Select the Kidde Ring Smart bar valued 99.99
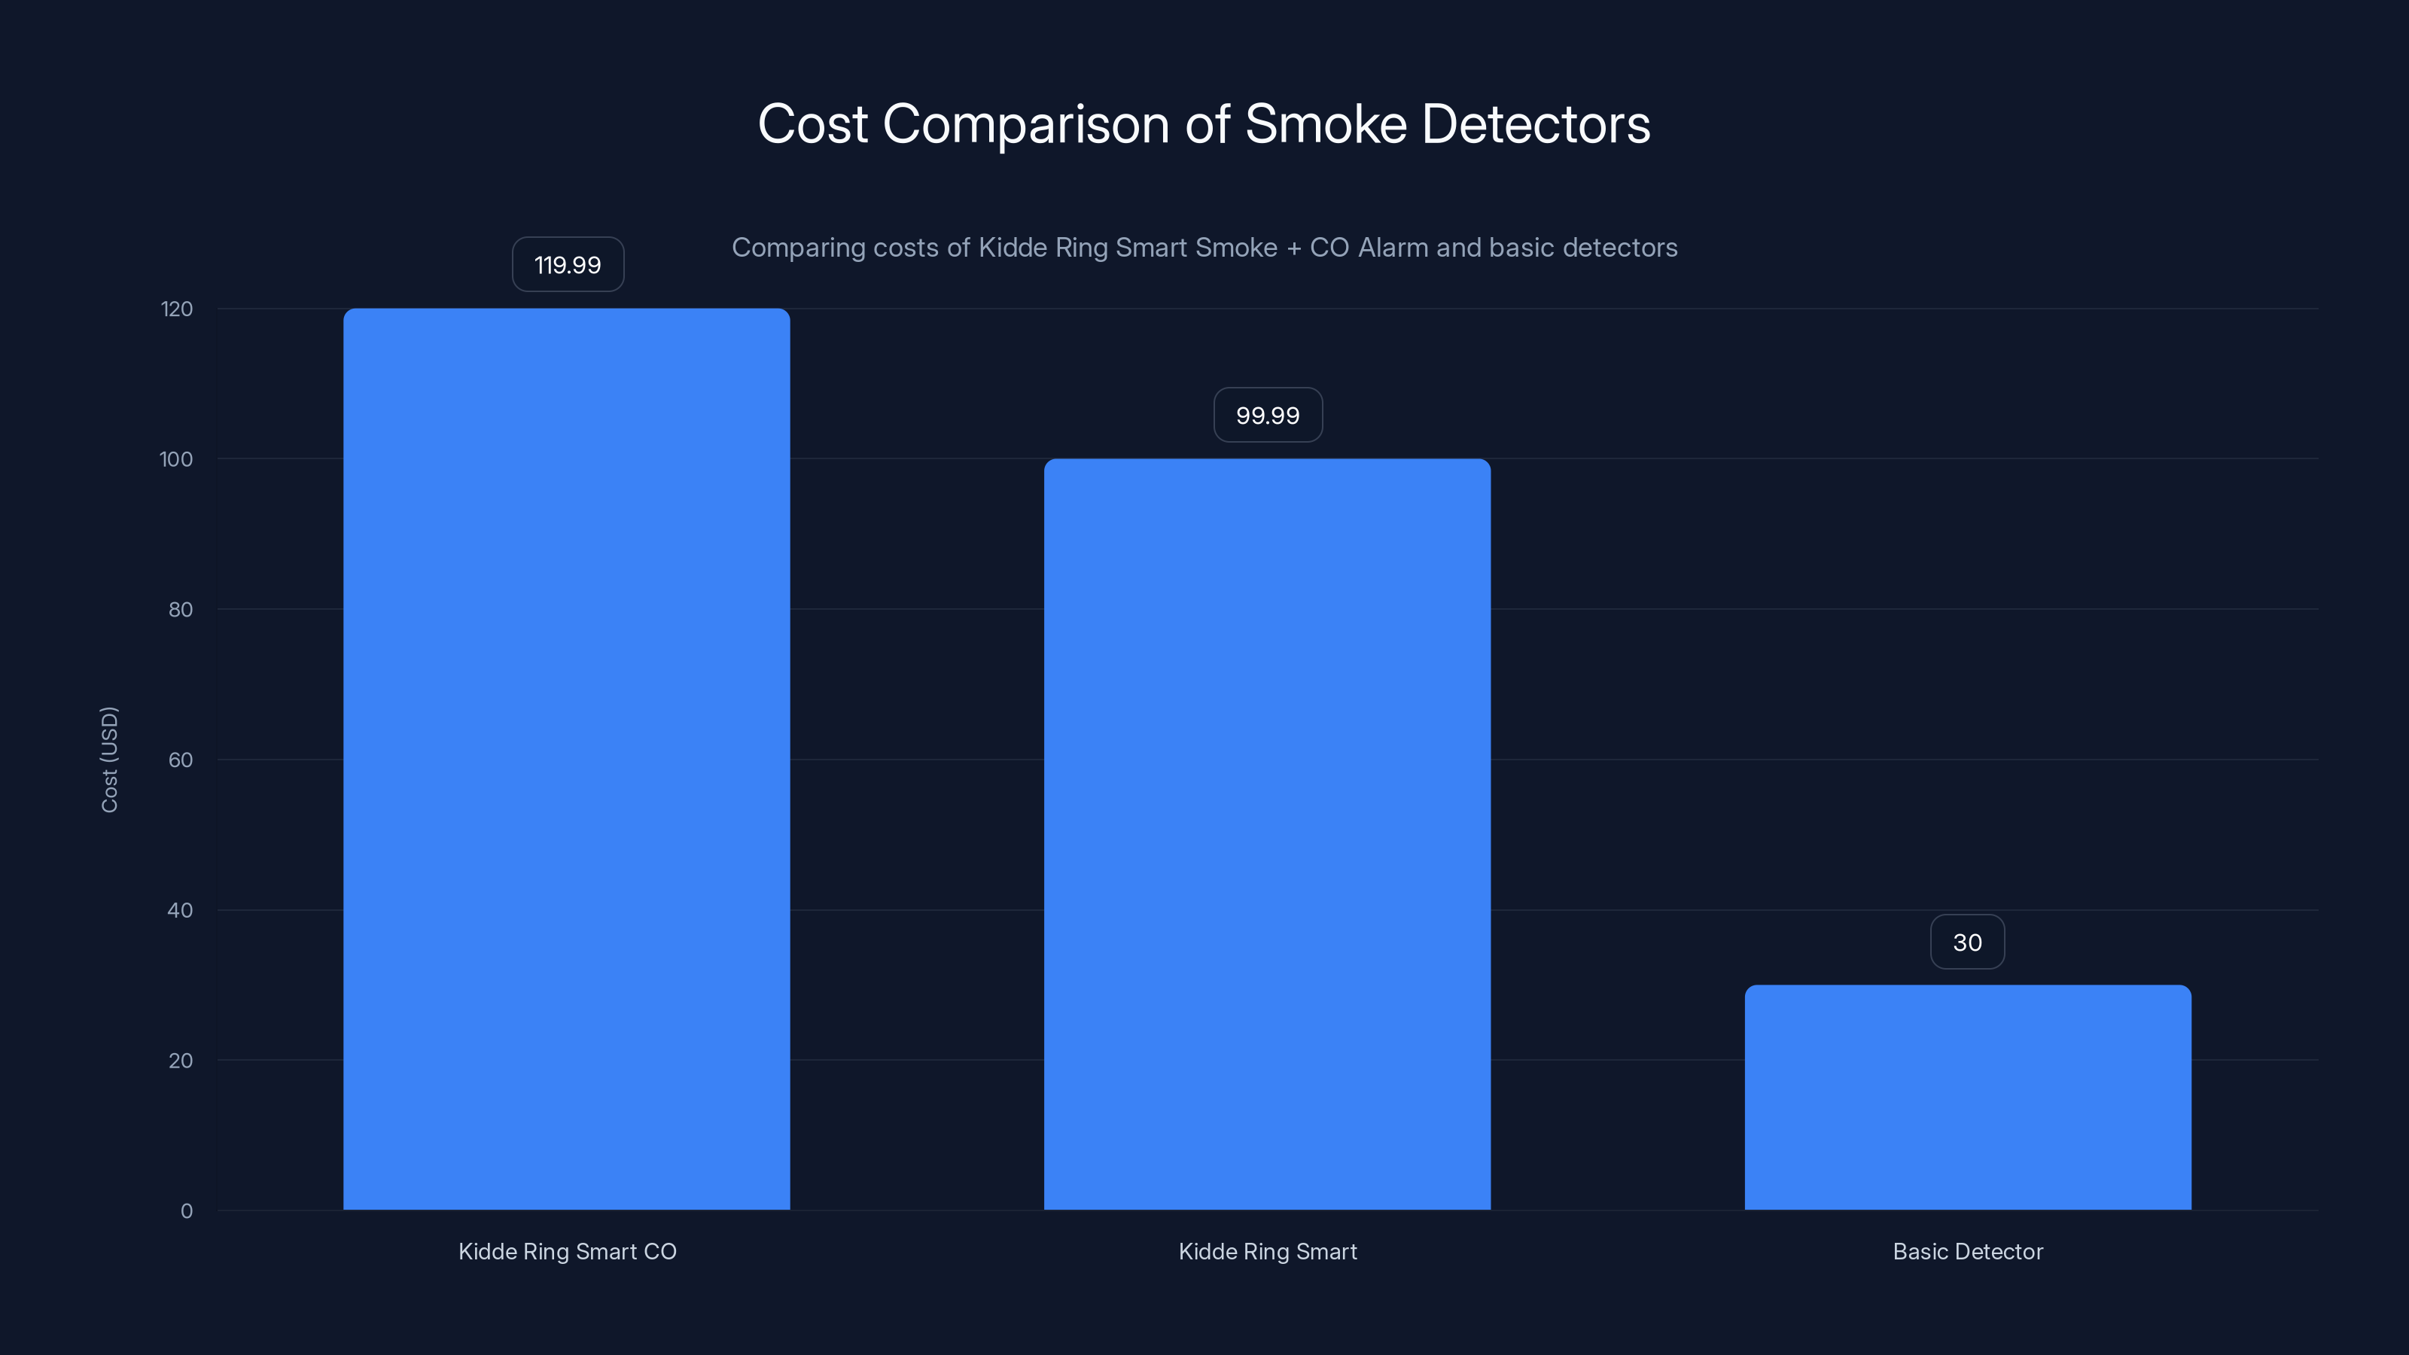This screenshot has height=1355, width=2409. point(1266,833)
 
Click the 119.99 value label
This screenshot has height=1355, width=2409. point(568,265)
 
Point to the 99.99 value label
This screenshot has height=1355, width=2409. point(1267,416)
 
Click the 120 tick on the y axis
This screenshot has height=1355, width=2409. point(177,309)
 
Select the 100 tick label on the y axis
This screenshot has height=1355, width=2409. point(176,459)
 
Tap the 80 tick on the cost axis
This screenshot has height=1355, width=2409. point(181,610)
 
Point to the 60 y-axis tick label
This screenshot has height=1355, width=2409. point(181,760)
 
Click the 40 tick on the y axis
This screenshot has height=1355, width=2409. point(180,911)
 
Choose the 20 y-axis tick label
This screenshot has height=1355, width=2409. point(181,1061)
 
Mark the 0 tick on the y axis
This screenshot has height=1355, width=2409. point(186,1211)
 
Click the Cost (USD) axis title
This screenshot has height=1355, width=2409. point(109,760)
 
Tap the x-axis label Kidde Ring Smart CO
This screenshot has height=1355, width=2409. point(567,1251)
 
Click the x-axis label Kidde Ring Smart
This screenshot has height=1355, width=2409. point(1266,1251)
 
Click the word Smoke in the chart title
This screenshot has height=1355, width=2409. point(1325,124)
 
